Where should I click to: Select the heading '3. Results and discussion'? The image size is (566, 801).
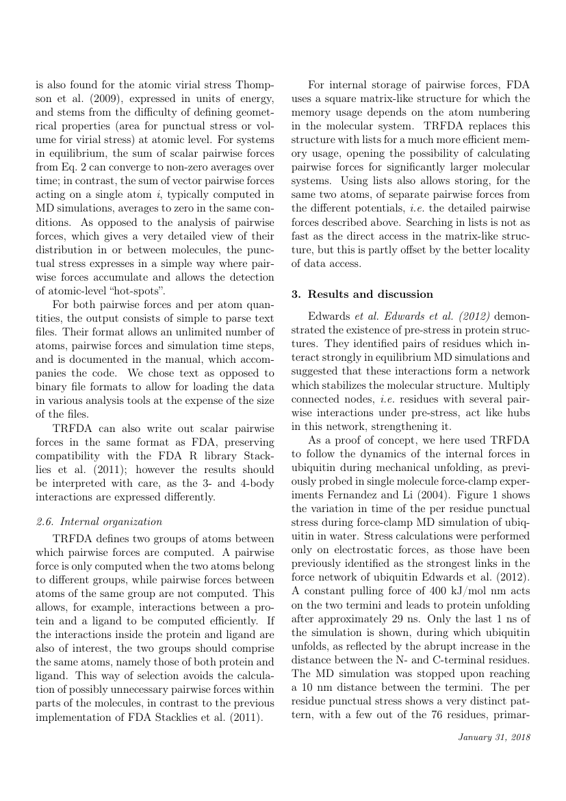[x=362, y=294]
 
